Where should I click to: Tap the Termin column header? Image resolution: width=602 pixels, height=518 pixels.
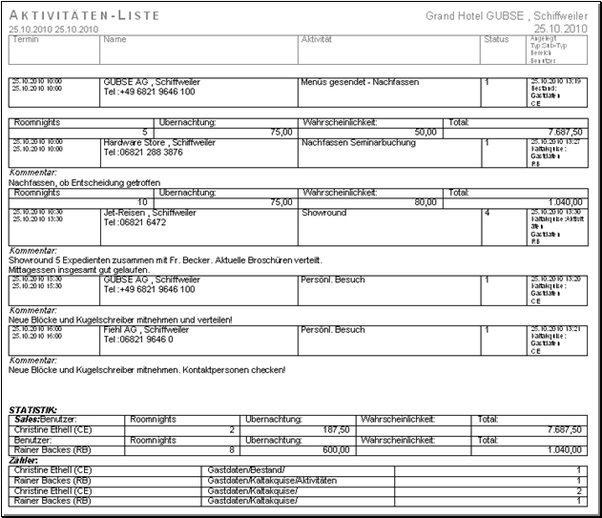(x=25, y=40)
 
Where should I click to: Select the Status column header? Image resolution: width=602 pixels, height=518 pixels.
(x=496, y=40)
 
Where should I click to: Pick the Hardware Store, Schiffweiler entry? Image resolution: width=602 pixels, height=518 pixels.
(x=158, y=142)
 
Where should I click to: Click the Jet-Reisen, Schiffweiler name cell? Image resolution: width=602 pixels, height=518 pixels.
(x=148, y=213)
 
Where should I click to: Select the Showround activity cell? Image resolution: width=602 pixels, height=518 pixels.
(x=323, y=213)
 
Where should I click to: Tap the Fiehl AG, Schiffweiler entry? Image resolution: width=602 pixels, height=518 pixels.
(x=145, y=329)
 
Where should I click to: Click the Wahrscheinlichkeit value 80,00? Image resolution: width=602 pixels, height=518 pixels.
(x=421, y=201)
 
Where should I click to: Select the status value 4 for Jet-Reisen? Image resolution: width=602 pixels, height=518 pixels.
(x=486, y=213)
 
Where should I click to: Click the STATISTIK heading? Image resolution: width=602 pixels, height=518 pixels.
(x=33, y=408)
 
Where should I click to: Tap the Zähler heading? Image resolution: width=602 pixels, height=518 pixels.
(x=24, y=460)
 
